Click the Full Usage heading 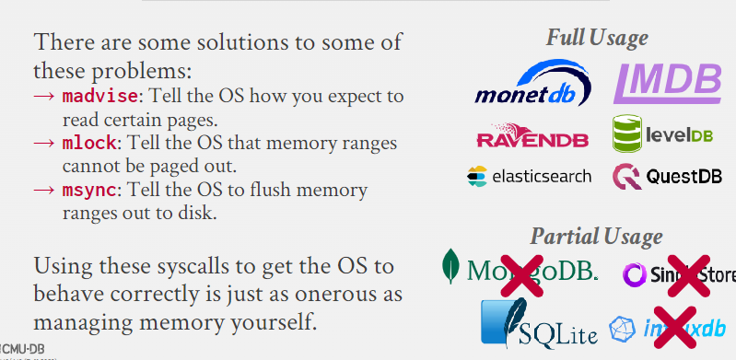pos(596,38)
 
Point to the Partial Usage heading pos(596,237)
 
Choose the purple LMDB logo pos(667,81)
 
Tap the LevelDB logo pos(663,134)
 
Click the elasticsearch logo pos(529,176)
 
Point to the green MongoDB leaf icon pos(451,267)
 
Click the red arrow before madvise pos(46,96)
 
